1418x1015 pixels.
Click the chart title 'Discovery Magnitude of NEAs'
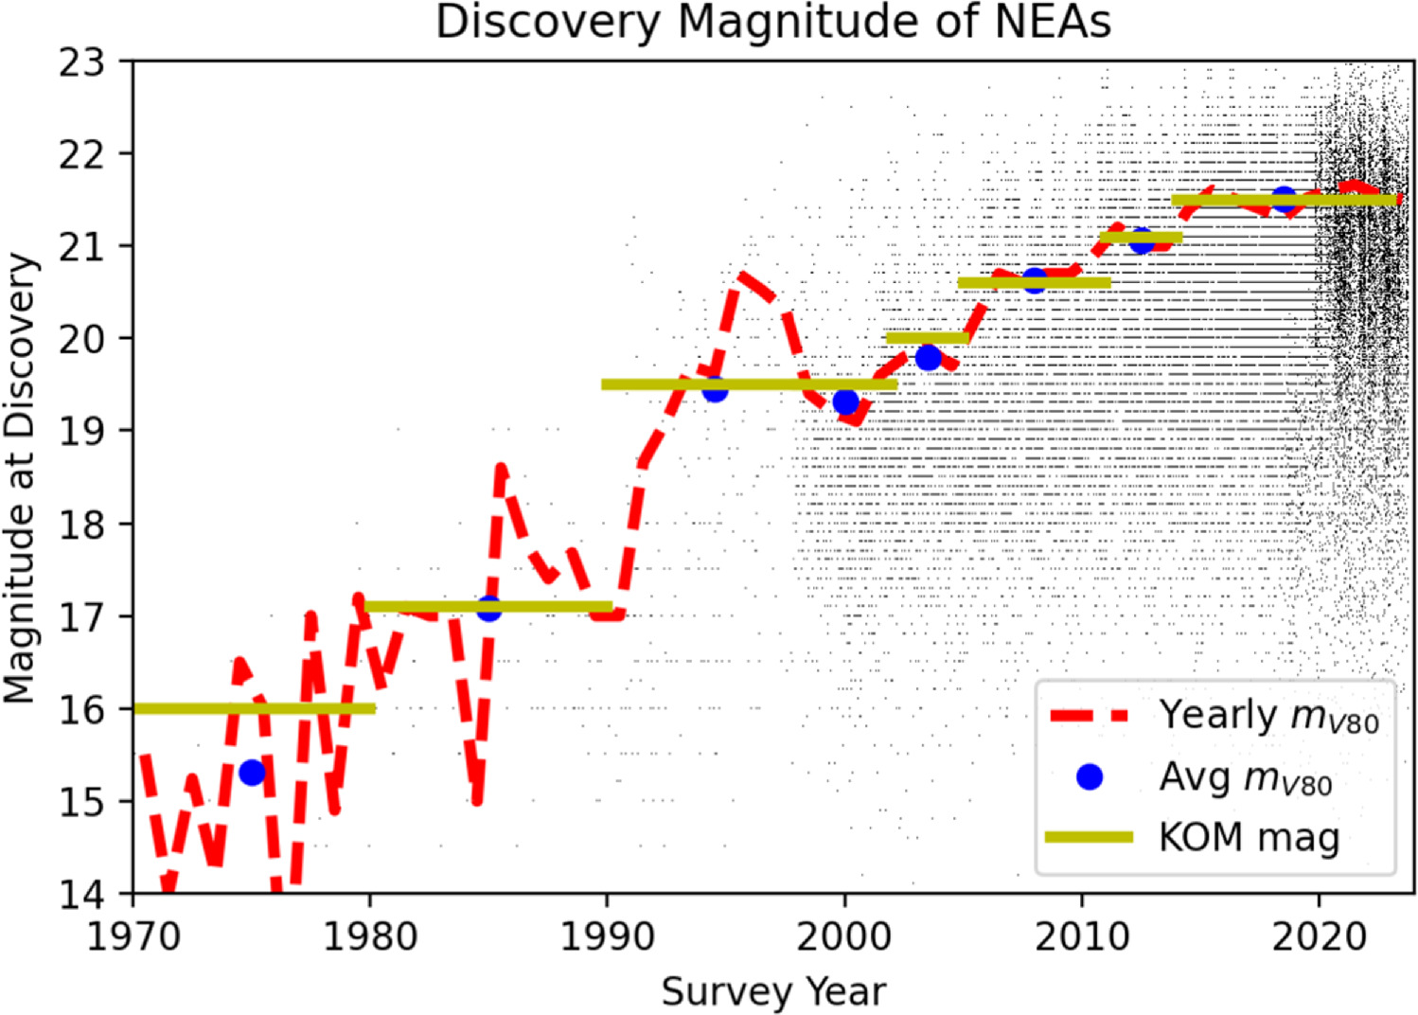[772, 23]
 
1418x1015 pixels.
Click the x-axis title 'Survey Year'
[772, 991]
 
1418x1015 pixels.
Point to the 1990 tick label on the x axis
[607, 936]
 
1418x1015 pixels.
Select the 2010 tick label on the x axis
[1081, 936]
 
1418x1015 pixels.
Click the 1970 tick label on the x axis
[133, 936]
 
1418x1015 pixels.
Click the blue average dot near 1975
[252, 773]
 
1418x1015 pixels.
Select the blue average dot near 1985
[488, 609]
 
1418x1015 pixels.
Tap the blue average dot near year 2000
[845, 401]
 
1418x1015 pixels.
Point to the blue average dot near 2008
[1034, 280]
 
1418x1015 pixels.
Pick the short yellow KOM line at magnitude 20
[927, 338]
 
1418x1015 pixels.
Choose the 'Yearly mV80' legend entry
[1268, 717]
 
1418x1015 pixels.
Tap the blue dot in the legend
[1090, 777]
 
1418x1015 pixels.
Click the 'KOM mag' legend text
[1249, 837]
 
